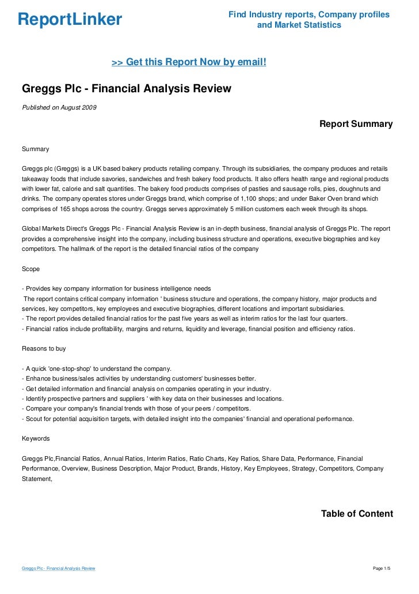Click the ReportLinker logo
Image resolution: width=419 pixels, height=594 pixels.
(x=70, y=20)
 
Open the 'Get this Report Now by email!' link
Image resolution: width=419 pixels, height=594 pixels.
(x=189, y=62)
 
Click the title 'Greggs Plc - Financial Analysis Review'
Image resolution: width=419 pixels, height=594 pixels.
(x=126, y=89)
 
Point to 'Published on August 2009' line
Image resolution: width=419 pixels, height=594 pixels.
(x=59, y=107)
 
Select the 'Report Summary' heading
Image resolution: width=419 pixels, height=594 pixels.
(x=356, y=124)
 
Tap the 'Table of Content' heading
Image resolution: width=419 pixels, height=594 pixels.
(x=357, y=514)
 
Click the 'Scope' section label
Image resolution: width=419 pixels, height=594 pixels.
(x=31, y=269)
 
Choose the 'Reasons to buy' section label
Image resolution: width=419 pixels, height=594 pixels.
(x=44, y=348)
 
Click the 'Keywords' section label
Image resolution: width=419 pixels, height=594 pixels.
(x=36, y=438)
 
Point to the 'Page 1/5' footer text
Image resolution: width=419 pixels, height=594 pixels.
(x=382, y=569)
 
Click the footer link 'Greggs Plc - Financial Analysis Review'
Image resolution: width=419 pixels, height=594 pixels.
(x=58, y=569)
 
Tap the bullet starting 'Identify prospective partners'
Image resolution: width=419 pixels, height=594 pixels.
(x=153, y=398)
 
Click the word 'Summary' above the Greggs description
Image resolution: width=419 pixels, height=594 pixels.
(x=35, y=149)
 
